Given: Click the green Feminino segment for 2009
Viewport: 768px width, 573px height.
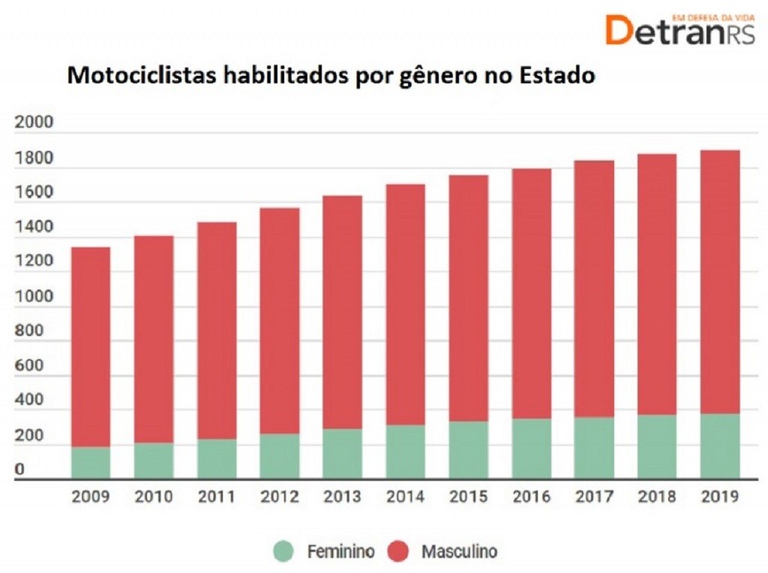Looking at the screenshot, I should pyautogui.click(x=91, y=462).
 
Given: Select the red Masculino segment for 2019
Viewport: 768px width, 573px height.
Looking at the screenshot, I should pyautogui.click(x=720, y=281).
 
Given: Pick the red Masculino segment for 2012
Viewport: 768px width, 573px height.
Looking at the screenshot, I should pyautogui.click(x=280, y=320).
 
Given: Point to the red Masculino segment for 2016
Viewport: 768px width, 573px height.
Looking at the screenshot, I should pyautogui.click(x=532, y=293).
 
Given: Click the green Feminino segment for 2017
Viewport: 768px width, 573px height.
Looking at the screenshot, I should pyautogui.click(x=595, y=447).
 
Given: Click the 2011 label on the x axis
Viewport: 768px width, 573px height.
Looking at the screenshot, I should pyautogui.click(x=217, y=496).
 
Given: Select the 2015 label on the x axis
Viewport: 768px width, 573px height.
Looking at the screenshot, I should pyautogui.click(x=469, y=496).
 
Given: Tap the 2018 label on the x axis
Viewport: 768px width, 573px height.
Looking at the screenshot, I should pyautogui.click(x=657, y=496).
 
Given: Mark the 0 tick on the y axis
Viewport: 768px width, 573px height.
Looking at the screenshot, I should pyautogui.click(x=19, y=470).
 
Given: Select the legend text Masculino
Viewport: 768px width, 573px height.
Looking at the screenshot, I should pyautogui.click(x=459, y=552).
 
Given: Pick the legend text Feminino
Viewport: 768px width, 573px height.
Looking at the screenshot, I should pyautogui.click(x=340, y=552).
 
